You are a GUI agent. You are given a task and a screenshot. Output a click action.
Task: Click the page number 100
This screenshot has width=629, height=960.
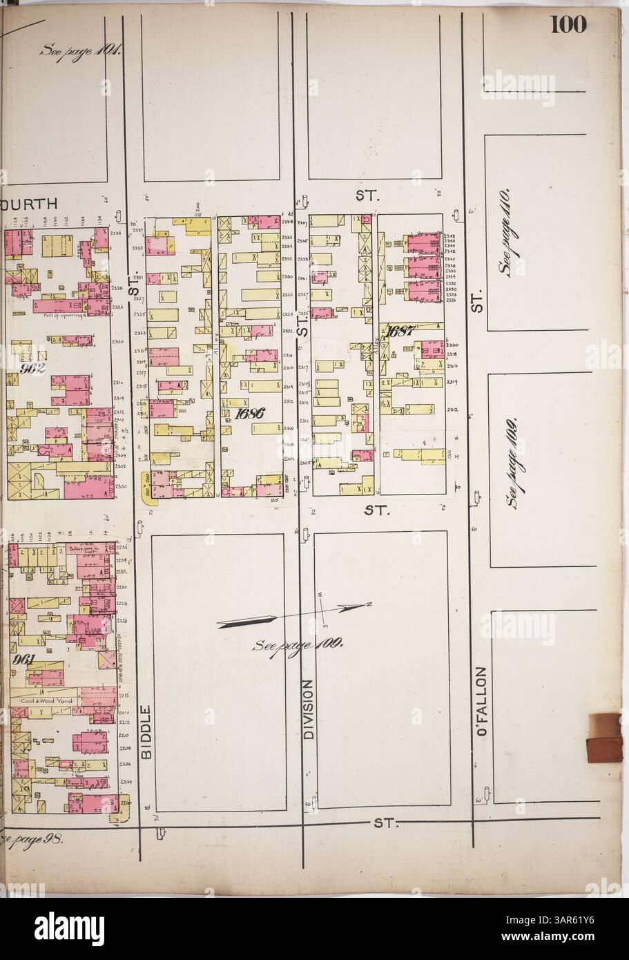point(568,25)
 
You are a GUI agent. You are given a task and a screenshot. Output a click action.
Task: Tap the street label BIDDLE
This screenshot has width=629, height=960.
point(146,732)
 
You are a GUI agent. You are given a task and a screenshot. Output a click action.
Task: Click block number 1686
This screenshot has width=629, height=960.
point(250,414)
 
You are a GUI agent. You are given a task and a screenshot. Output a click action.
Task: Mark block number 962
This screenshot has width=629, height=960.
point(32,368)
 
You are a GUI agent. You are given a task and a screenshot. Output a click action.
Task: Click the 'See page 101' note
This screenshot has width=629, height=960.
point(81,50)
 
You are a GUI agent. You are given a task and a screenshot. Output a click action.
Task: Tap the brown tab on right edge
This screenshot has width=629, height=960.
point(605,738)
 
